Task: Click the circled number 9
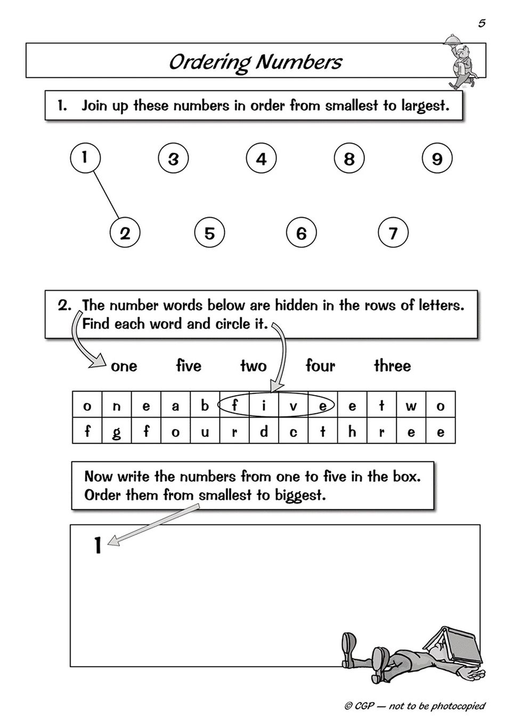click(x=437, y=159)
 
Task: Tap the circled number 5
click(x=209, y=233)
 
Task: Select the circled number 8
click(x=349, y=159)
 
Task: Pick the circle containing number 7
click(x=393, y=233)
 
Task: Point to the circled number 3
click(x=173, y=159)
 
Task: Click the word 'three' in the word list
click(x=392, y=366)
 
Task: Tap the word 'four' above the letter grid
click(x=320, y=366)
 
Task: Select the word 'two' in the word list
click(x=253, y=366)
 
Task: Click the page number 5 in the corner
click(x=482, y=23)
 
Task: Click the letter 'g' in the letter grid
click(x=117, y=432)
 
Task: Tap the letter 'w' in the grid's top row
click(x=411, y=406)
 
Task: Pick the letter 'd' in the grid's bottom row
click(x=264, y=432)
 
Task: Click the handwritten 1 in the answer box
click(x=97, y=545)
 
